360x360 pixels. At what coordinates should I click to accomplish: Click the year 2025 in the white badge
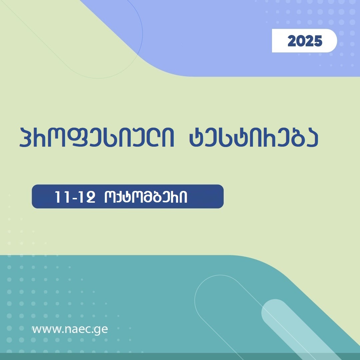pyautogui.click(x=305, y=41)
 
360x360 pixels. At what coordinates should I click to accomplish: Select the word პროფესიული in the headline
pyautogui.click(x=96, y=137)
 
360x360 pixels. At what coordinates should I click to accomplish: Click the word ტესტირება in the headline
pyautogui.click(x=253, y=137)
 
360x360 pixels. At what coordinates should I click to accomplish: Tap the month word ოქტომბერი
pyautogui.click(x=145, y=197)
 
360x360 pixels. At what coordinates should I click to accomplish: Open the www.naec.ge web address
pyautogui.click(x=70, y=329)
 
